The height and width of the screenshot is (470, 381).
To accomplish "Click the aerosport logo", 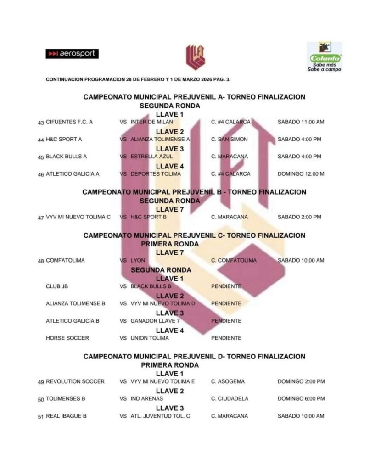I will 72,54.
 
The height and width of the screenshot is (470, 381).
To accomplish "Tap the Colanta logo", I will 325,57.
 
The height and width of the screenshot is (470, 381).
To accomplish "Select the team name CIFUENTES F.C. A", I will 69,122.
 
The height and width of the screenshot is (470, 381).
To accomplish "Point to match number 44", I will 41,140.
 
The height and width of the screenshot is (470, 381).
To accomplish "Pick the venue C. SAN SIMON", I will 229,140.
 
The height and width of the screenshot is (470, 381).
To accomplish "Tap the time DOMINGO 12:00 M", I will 301,174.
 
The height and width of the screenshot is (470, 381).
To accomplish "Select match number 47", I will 41,218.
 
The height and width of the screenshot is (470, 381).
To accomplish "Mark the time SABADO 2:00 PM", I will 299,217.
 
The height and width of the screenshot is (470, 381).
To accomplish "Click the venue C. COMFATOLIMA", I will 234,261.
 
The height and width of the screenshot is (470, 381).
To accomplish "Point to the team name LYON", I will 138,261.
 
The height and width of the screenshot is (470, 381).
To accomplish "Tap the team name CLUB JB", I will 57,286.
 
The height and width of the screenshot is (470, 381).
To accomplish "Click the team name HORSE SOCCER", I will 67,338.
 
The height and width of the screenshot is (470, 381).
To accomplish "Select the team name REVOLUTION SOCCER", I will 75,381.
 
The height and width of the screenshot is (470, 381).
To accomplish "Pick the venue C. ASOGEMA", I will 228,381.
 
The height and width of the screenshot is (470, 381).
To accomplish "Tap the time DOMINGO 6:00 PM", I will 301,399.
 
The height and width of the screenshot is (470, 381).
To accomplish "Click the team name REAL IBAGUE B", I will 67,416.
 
